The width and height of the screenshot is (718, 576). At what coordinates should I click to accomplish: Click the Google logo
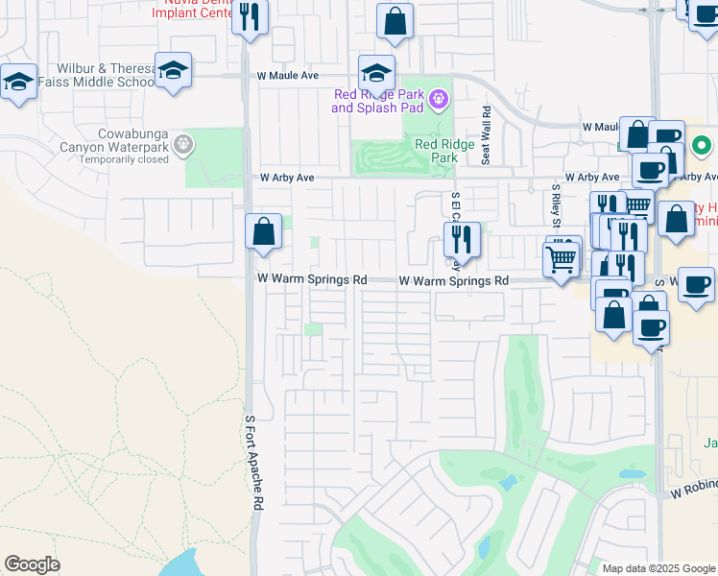click(32, 564)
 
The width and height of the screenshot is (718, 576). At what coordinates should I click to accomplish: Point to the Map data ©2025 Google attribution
click(658, 568)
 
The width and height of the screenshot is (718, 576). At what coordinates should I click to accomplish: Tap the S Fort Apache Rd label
click(254, 463)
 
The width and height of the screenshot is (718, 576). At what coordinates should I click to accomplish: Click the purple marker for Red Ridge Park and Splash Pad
click(440, 98)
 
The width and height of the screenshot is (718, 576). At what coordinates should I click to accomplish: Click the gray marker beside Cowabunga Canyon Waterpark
click(184, 146)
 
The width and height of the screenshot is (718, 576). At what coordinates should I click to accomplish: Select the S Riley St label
click(555, 203)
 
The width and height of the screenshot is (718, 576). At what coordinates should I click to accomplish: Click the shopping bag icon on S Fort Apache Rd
click(263, 231)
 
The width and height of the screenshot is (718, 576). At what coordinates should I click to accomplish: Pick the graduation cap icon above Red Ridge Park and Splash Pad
click(377, 73)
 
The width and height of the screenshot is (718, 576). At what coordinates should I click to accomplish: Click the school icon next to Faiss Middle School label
click(173, 70)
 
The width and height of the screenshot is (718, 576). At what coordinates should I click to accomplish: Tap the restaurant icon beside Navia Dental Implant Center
click(250, 18)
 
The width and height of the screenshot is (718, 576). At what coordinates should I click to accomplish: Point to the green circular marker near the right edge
click(702, 147)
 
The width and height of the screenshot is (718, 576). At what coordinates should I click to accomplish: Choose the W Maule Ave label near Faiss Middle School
click(287, 75)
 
